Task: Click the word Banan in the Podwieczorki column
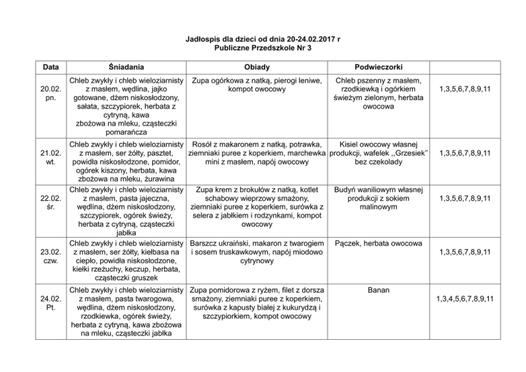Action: [378, 291]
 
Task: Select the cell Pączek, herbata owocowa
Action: [378, 243]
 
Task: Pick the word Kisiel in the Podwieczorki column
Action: [353, 145]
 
